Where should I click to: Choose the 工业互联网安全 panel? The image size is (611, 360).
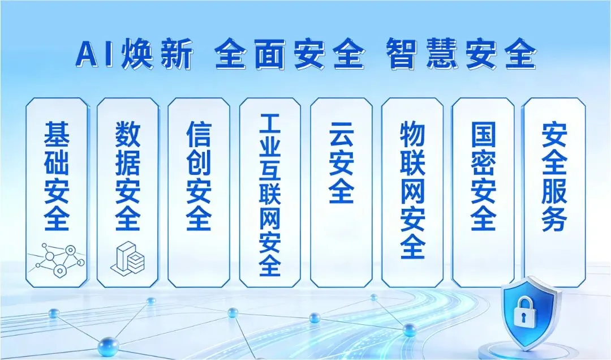(x=270, y=192)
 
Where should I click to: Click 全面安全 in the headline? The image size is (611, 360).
(x=289, y=55)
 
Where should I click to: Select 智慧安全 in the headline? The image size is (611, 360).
(x=462, y=55)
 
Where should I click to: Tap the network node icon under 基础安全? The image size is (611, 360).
(x=57, y=259)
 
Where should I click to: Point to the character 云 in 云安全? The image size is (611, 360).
(x=341, y=135)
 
